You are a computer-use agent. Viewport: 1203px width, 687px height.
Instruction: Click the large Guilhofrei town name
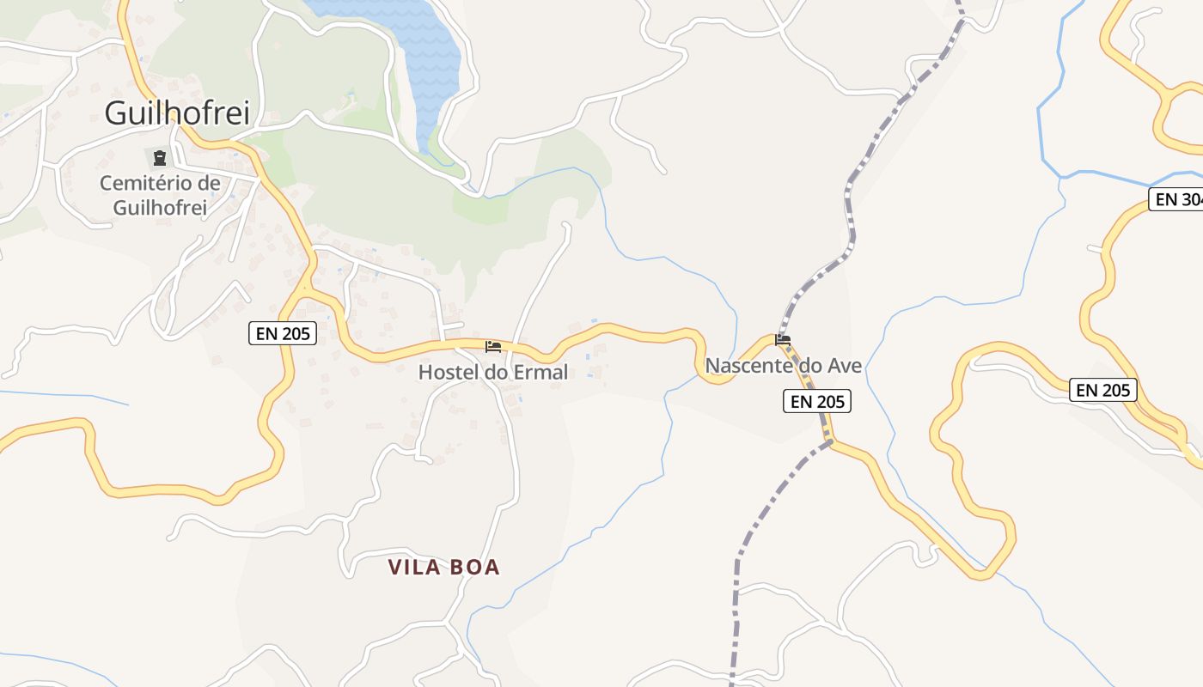click(x=177, y=112)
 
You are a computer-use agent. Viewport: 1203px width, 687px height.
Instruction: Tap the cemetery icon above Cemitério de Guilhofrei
click(x=160, y=158)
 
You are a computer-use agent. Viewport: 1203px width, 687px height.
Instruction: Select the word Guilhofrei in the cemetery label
click(x=160, y=207)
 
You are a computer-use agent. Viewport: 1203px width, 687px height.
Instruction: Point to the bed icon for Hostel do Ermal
click(x=493, y=347)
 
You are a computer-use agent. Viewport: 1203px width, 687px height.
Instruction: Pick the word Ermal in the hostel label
click(x=540, y=372)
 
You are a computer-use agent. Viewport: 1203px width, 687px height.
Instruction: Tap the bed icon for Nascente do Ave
click(x=783, y=340)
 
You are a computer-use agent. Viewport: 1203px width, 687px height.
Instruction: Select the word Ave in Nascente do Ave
click(x=845, y=366)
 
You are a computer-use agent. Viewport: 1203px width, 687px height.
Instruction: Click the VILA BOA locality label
click(x=443, y=567)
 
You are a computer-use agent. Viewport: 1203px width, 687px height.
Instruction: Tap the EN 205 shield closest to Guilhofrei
click(x=283, y=333)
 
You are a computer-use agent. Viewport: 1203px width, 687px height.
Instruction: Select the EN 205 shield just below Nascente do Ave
click(x=816, y=401)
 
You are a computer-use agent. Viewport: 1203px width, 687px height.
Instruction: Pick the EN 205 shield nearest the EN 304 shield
click(x=1103, y=390)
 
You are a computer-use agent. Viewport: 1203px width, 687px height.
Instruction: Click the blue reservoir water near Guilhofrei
click(x=427, y=52)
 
